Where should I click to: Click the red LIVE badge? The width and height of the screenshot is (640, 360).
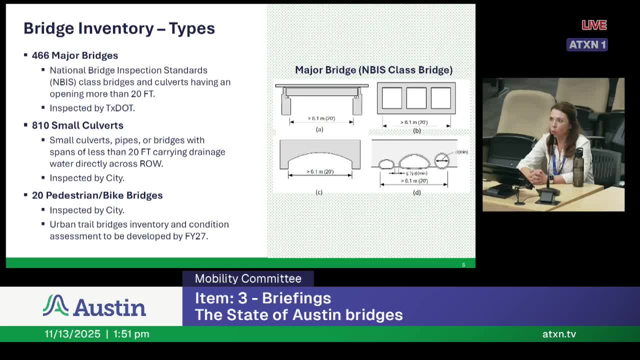point(594,25)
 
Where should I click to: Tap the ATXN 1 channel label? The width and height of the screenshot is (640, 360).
point(587,44)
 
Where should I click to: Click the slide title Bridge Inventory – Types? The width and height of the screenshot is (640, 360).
point(119,28)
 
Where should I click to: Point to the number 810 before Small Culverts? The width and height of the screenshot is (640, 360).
point(40,125)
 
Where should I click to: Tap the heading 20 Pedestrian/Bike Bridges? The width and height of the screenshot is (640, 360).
point(97,195)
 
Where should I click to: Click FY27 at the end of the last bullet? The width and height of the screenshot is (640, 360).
point(196,236)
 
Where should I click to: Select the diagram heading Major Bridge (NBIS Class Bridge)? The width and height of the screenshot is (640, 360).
point(373,70)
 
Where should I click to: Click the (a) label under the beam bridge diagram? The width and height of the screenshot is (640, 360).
point(319,129)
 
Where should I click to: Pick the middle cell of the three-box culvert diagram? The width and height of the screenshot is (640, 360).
point(416,98)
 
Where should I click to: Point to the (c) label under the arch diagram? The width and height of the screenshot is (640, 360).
point(319,192)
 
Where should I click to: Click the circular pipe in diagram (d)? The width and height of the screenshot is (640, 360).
point(441,160)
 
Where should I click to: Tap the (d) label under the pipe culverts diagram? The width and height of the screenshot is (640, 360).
point(416,192)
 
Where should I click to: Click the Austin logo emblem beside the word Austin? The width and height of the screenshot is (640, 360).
point(55,305)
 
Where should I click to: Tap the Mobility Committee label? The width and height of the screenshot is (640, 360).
point(248,279)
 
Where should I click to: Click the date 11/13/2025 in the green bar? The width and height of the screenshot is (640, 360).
point(72,334)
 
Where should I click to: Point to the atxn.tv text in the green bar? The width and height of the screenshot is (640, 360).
point(559,334)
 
